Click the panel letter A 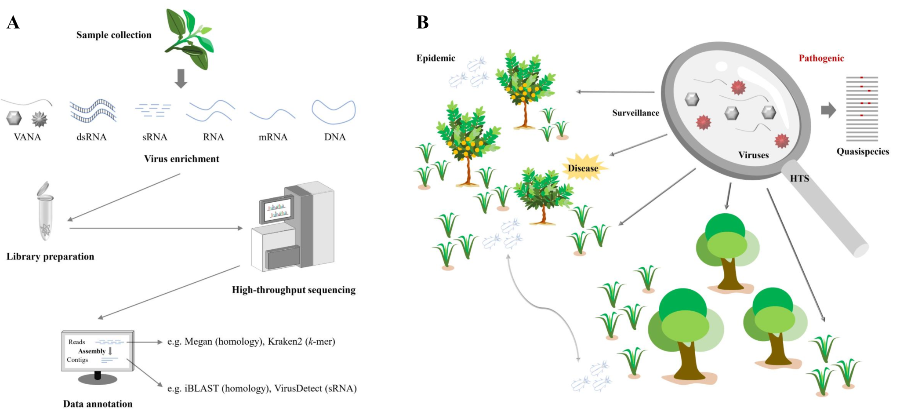pyautogui.click(x=13, y=22)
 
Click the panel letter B pyautogui.click(x=422, y=22)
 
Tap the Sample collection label pyautogui.click(x=114, y=35)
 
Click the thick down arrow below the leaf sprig pyautogui.click(x=181, y=78)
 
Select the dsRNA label pyautogui.click(x=91, y=137)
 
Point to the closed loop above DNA pyautogui.click(x=334, y=112)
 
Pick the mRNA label pyautogui.click(x=273, y=137)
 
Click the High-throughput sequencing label pyautogui.click(x=294, y=290)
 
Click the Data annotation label pyautogui.click(x=98, y=404)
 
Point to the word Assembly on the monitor pyautogui.click(x=91, y=351)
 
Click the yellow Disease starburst pyautogui.click(x=583, y=168)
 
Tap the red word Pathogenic pyautogui.click(x=821, y=58)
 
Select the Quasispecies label pyautogui.click(x=862, y=152)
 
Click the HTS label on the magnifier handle pyautogui.click(x=799, y=179)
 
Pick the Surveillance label pyautogui.click(x=635, y=113)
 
